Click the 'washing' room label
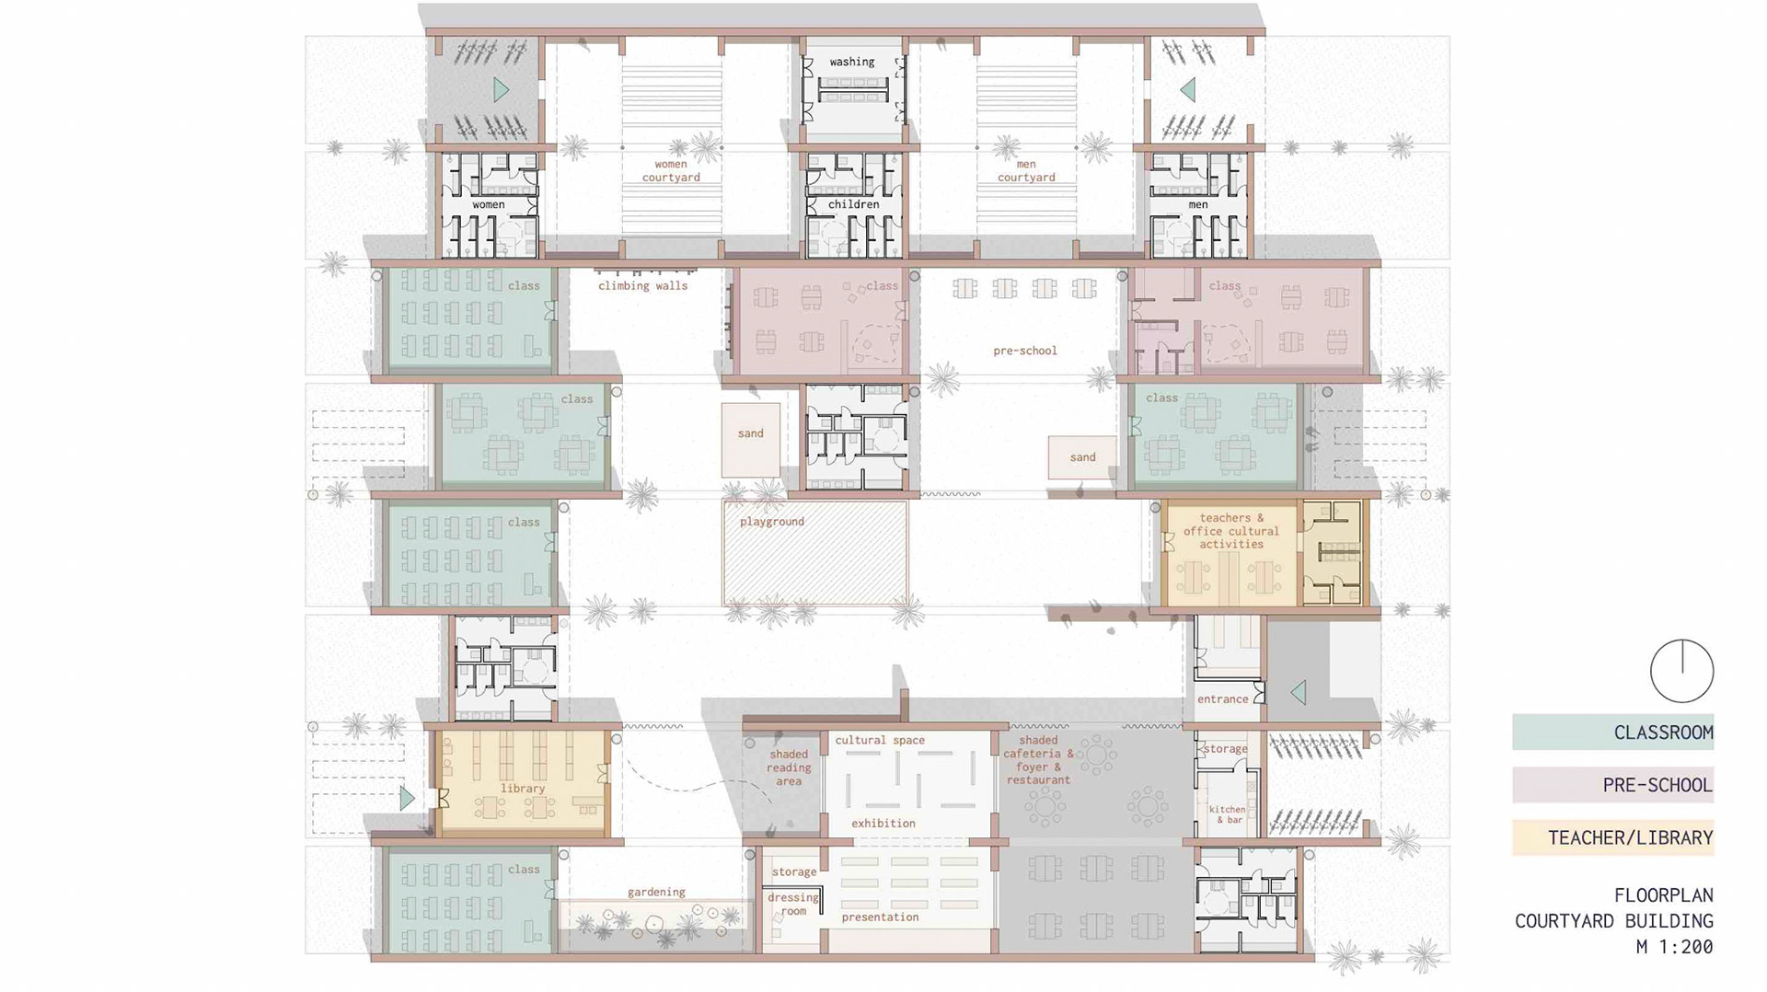(x=851, y=62)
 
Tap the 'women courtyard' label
(x=671, y=170)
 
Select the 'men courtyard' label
(x=1026, y=170)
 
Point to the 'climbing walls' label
(x=642, y=285)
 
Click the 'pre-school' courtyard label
(x=1025, y=351)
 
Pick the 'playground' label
(x=772, y=522)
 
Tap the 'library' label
(x=523, y=789)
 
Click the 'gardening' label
(x=656, y=892)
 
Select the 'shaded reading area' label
(x=789, y=767)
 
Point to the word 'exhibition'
(x=883, y=824)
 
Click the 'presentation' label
(x=880, y=917)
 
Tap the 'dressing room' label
(x=793, y=904)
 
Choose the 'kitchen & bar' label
(x=1227, y=814)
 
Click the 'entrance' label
(x=1222, y=699)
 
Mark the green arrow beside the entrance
(x=1298, y=692)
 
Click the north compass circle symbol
(x=1681, y=671)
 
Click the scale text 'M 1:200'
(x=1674, y=946)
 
